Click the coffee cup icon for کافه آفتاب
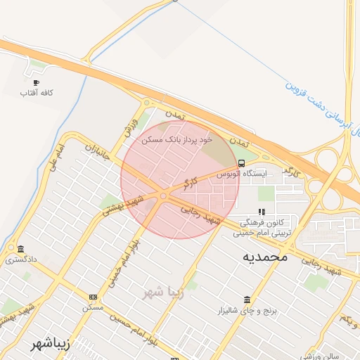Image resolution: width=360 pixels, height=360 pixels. coord(36,82)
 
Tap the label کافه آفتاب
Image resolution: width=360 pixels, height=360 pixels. coord(36,93)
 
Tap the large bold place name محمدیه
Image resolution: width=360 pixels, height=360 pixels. coord(266,257)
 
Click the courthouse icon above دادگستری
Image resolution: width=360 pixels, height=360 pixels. coord(20,250)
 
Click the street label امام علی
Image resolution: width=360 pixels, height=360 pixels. coord(58,157)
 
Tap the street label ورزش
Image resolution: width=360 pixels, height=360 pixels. coord(130,125)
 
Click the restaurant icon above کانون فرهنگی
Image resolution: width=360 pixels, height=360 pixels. coord(262,211)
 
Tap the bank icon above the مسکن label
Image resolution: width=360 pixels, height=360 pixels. coord(94,297)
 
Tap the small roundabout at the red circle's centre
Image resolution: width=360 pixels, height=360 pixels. coord(163,196)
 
